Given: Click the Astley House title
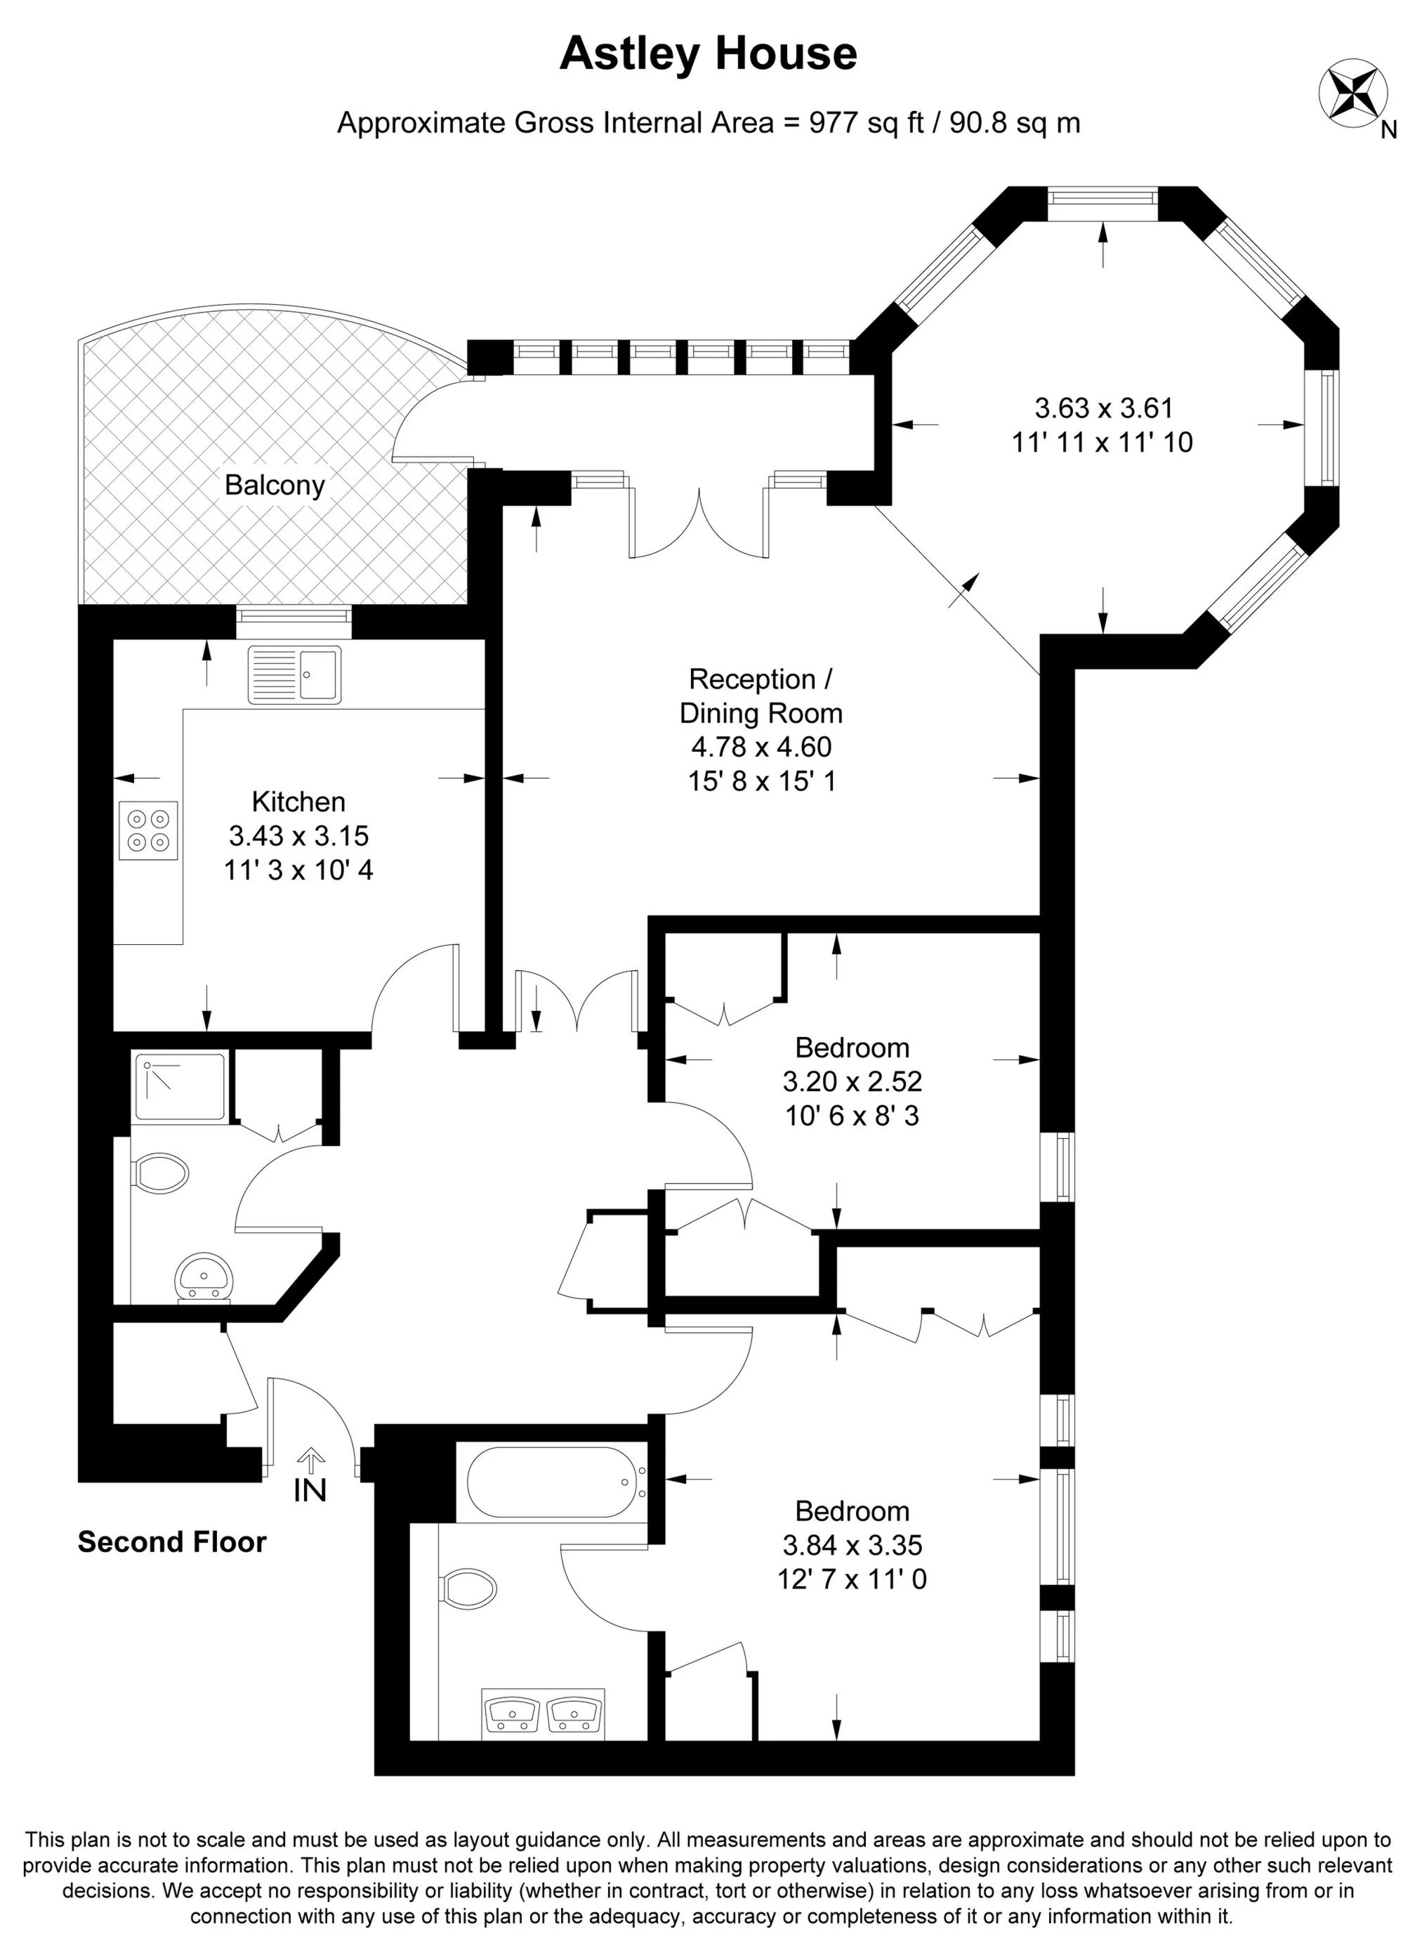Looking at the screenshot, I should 708,53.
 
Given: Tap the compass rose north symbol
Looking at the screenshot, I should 1353,93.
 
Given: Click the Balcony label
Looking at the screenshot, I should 275,485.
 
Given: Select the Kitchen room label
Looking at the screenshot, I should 298,802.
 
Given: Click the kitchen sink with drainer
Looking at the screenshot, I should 294,674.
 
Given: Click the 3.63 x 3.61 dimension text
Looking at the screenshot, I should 1103,407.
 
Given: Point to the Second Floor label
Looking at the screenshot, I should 172,1542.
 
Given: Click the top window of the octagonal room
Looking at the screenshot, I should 1102,198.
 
